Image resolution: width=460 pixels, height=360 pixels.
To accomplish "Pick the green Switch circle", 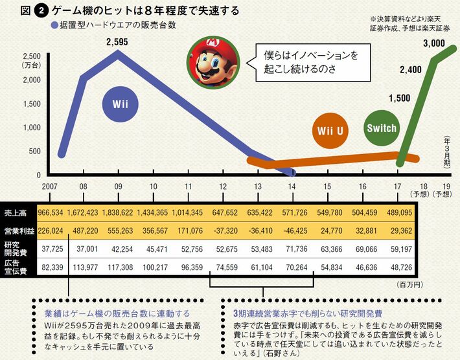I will [x=381, y=128].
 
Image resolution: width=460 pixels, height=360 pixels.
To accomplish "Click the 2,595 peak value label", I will [x=118, y=42].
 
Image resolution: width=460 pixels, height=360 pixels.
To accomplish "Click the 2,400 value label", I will [x=411, y=69].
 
